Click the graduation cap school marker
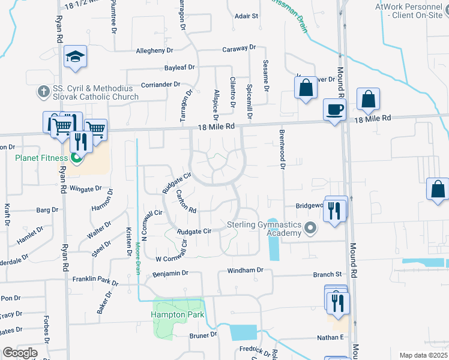[x=75, y=56]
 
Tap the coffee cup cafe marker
[x=335, y=110]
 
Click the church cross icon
[x=43, y=92]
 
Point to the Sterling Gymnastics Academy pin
[x=310, y=228]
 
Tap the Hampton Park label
[x=178, y=314]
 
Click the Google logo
[x=20, y=353]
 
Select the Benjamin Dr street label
[x=170, y=273]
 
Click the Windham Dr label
[x=245, y=271]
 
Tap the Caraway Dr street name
[x=239, y=48]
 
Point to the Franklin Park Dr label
[x=95, y=280]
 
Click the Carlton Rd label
[x=186, y=202]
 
